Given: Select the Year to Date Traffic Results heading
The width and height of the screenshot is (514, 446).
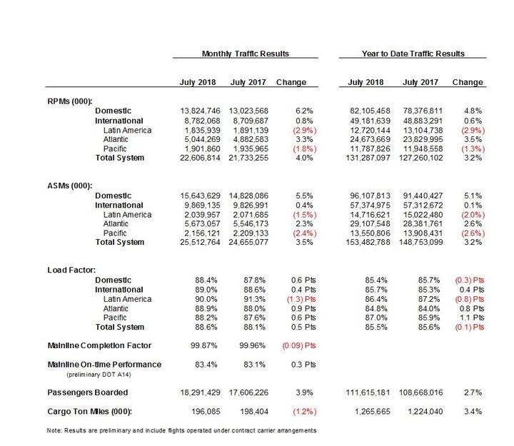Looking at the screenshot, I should point(413,54).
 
